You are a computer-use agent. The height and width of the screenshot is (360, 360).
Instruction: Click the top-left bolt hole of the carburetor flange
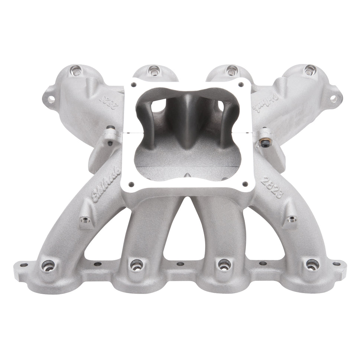click(x=132, y=84)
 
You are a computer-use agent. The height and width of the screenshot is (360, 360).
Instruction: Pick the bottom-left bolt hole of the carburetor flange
click(x=131, y=183)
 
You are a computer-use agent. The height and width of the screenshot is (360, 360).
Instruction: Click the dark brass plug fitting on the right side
click(x=265, y=143)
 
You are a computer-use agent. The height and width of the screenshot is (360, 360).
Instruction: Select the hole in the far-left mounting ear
click(x=51, y=99)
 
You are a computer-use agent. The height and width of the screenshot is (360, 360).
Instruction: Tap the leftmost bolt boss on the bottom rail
click(x=48, y=265)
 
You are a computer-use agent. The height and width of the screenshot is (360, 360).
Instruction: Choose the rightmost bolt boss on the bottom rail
click(x=312, y=265)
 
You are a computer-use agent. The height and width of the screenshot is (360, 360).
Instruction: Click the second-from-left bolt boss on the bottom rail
click(x=136, y=264)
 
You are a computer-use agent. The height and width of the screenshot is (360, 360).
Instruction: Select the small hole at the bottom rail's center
click(x=180, y=264)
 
